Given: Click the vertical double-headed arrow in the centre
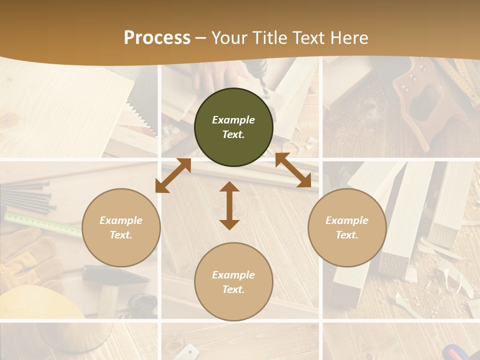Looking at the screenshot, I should click(x=229, y=205).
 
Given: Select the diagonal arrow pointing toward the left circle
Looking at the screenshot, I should click(x=173, y=175).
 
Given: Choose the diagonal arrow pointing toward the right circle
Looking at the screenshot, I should click(x=293, y=170).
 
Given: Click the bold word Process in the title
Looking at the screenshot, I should click(x=157, y=38).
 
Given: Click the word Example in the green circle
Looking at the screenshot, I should click(x=233, y=120).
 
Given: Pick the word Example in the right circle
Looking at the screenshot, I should click(x=347, y=220).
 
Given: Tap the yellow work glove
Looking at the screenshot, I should click(x=30, y=255).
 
